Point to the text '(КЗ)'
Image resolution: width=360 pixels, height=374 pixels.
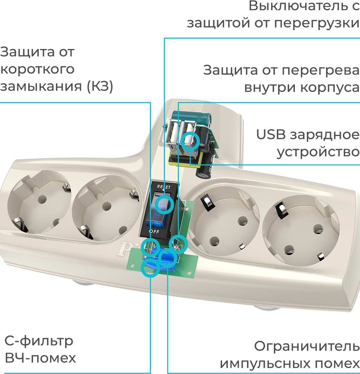point(100,86)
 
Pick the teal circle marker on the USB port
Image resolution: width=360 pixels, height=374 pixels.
point(190,140)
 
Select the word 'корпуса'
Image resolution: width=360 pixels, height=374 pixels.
point(331,87)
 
